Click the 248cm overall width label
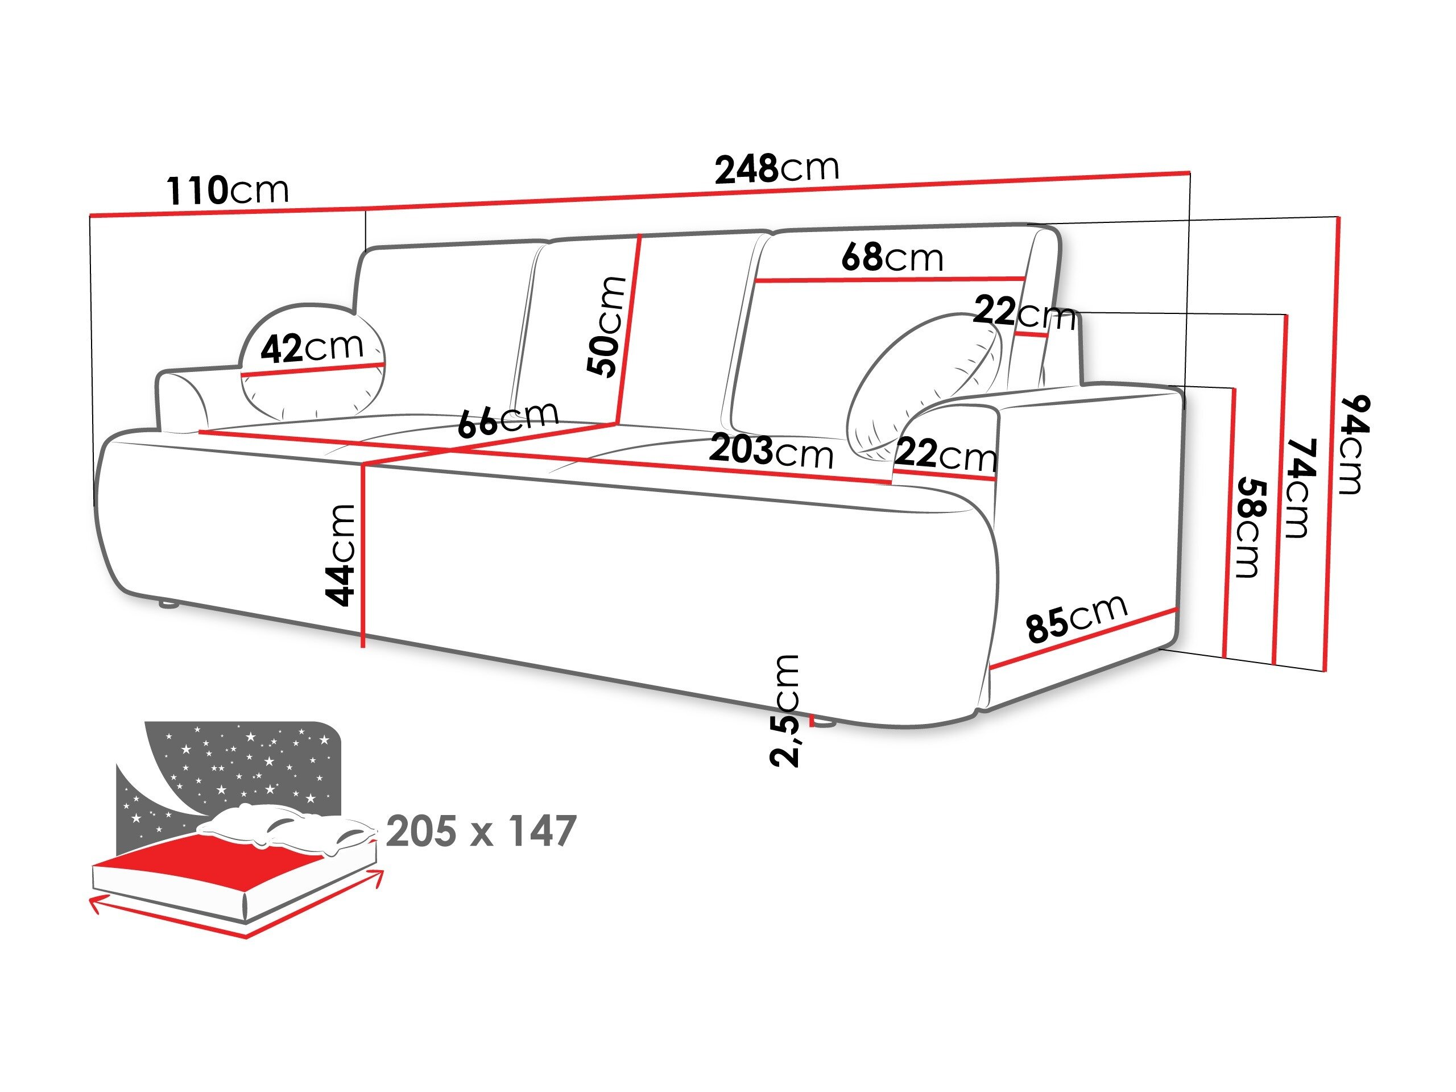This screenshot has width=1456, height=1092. click(777, 168)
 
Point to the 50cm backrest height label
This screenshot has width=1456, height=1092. click(606, 326)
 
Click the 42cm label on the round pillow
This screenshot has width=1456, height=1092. click(311, 347)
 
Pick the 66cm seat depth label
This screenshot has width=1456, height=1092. click(507, 419)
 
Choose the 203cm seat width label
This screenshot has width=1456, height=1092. click(771, 453)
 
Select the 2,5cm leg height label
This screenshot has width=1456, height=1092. click(785, 711)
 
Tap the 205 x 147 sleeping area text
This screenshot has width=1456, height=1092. click(481, 832)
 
